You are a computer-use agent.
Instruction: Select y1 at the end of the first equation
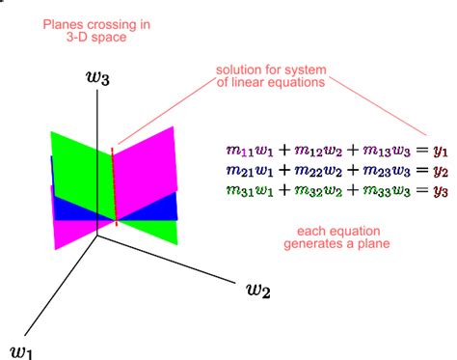(439, 152)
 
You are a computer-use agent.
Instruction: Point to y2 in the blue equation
(439, 172)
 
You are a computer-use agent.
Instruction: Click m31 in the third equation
(234, 191)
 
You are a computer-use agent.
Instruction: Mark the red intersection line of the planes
(115, 183)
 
